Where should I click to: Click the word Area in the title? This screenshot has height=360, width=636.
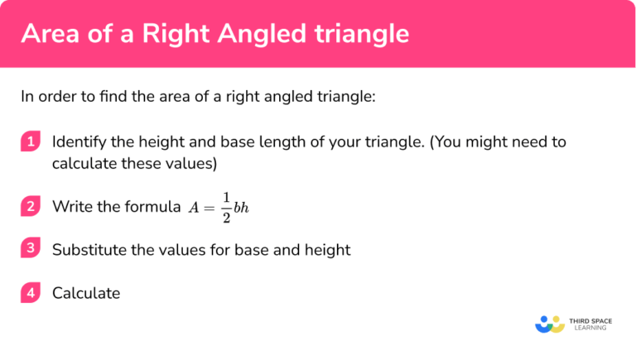coord(51,34)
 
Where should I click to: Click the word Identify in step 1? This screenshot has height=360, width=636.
coord(79,142)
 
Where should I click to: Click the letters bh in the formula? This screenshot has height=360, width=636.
coord(241,208)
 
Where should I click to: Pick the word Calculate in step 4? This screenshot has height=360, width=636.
coord(86,293)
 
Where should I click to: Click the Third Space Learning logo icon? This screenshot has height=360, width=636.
coord(550,324)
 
